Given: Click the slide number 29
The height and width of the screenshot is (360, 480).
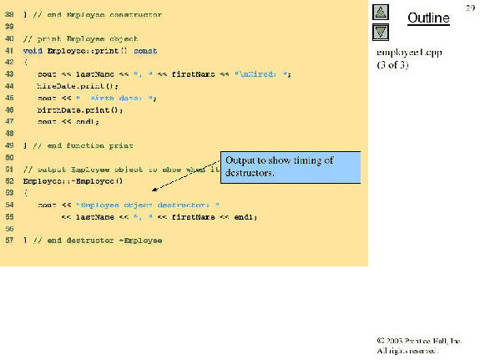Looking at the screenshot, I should [471, 6].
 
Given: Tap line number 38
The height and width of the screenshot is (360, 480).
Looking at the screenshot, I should [8, 15].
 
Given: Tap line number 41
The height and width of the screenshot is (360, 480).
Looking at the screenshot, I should [8, 50].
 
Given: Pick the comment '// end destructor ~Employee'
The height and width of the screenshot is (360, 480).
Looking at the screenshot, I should [96, 240].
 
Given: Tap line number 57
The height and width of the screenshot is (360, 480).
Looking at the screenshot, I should [8, 240].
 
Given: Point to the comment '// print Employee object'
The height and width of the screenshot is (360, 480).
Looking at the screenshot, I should [80, 39].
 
